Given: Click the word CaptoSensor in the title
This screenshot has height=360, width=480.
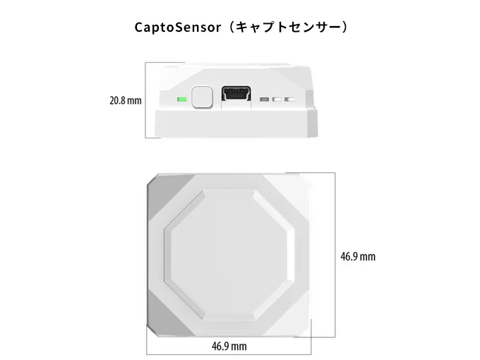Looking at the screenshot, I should (174, 27).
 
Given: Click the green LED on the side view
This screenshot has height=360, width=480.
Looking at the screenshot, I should (181, 98).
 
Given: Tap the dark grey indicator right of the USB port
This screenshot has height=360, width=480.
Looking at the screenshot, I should (265, 99).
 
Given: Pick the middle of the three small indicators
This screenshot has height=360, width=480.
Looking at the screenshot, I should (277, 99).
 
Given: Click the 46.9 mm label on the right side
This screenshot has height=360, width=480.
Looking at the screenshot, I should (358, 256).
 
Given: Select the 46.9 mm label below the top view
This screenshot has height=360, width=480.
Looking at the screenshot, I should (229, 346).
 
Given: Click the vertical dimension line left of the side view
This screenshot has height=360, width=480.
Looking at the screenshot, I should (146, 99).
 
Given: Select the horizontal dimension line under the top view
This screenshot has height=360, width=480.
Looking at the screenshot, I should (230, 354).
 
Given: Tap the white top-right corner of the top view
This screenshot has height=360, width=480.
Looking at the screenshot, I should (301, 185).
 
